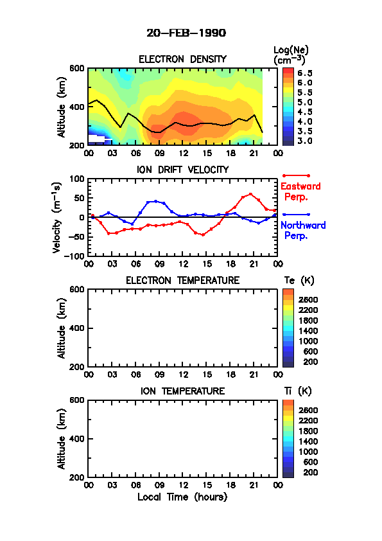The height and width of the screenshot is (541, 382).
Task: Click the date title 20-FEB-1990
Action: click(x=186, y=33)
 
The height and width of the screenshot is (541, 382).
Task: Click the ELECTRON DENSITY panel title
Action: click(x=182, y=59)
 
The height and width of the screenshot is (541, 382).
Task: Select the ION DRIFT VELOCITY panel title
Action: click(x=183, y=170)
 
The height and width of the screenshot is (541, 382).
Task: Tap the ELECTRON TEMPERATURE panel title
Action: click(x=183, y=281)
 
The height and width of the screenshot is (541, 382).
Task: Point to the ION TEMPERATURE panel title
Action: click(x=183, y=391)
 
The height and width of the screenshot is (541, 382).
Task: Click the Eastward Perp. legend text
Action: click(x=300, y=192)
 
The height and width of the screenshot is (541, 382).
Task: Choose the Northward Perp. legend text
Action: click(x=303, y=231)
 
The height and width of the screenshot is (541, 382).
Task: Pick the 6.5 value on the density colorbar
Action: click(x=305, y=73)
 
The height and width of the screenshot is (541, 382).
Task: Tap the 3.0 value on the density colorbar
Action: click(x=305, y=141)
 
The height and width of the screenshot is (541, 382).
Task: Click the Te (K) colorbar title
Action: click(x=299, y=281)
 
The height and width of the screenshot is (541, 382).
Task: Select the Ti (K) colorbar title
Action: click(x=298, y=391)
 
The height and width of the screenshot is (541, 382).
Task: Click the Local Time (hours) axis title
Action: click(x=182, y=497)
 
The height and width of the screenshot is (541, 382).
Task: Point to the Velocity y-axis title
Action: click(x=57, y=218)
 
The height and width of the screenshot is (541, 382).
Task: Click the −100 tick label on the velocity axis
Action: click(x=75, y=256)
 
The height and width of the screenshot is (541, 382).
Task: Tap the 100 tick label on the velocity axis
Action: click(x=77, y=179)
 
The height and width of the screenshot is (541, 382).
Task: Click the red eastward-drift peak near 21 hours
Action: click(x=250, y=194)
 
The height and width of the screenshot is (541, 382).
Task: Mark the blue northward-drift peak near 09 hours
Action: click(x=156, y=201)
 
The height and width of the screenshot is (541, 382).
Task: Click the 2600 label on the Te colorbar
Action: click(x=308, y=299)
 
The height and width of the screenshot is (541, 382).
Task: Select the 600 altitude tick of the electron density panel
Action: click(x=77, y=68)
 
